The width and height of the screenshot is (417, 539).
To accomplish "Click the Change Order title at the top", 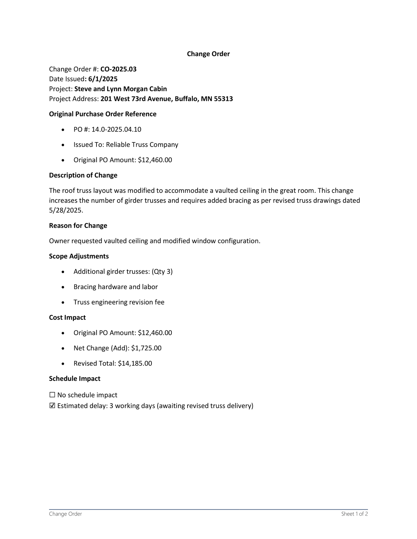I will pos(208,54).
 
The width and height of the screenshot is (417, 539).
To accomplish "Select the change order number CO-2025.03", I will pos(118,69).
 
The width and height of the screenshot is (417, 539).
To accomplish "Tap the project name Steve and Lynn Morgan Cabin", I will pos(120,89).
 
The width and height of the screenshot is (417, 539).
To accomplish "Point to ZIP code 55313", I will pos(223,99).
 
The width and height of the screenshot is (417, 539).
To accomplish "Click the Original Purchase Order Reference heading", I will pos(102,114).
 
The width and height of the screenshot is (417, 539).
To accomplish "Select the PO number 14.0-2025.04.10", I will pos(116,129).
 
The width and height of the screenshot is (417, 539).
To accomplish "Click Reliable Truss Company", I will pos(142,145).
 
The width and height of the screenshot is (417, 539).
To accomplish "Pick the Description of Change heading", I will pos(83,175).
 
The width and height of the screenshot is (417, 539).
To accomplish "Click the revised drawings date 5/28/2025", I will pos(66,210).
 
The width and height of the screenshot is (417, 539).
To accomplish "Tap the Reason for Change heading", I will pos(78,226).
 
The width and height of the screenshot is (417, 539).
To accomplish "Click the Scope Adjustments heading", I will pos(79,256).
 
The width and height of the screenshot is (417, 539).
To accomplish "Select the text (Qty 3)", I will pos(162,272).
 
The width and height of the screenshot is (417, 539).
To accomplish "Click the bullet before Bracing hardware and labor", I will pos(63,287).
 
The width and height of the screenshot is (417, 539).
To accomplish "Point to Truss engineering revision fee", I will pos(119,302).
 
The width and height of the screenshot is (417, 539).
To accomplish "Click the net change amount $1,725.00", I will pos(146,348).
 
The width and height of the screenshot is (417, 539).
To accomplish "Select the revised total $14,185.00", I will pos(135,363).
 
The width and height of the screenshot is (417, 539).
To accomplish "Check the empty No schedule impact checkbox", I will pos(52,395).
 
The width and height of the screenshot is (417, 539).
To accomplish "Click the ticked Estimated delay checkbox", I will pos(52,406).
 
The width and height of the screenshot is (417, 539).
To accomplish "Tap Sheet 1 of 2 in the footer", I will pos(354,514).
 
